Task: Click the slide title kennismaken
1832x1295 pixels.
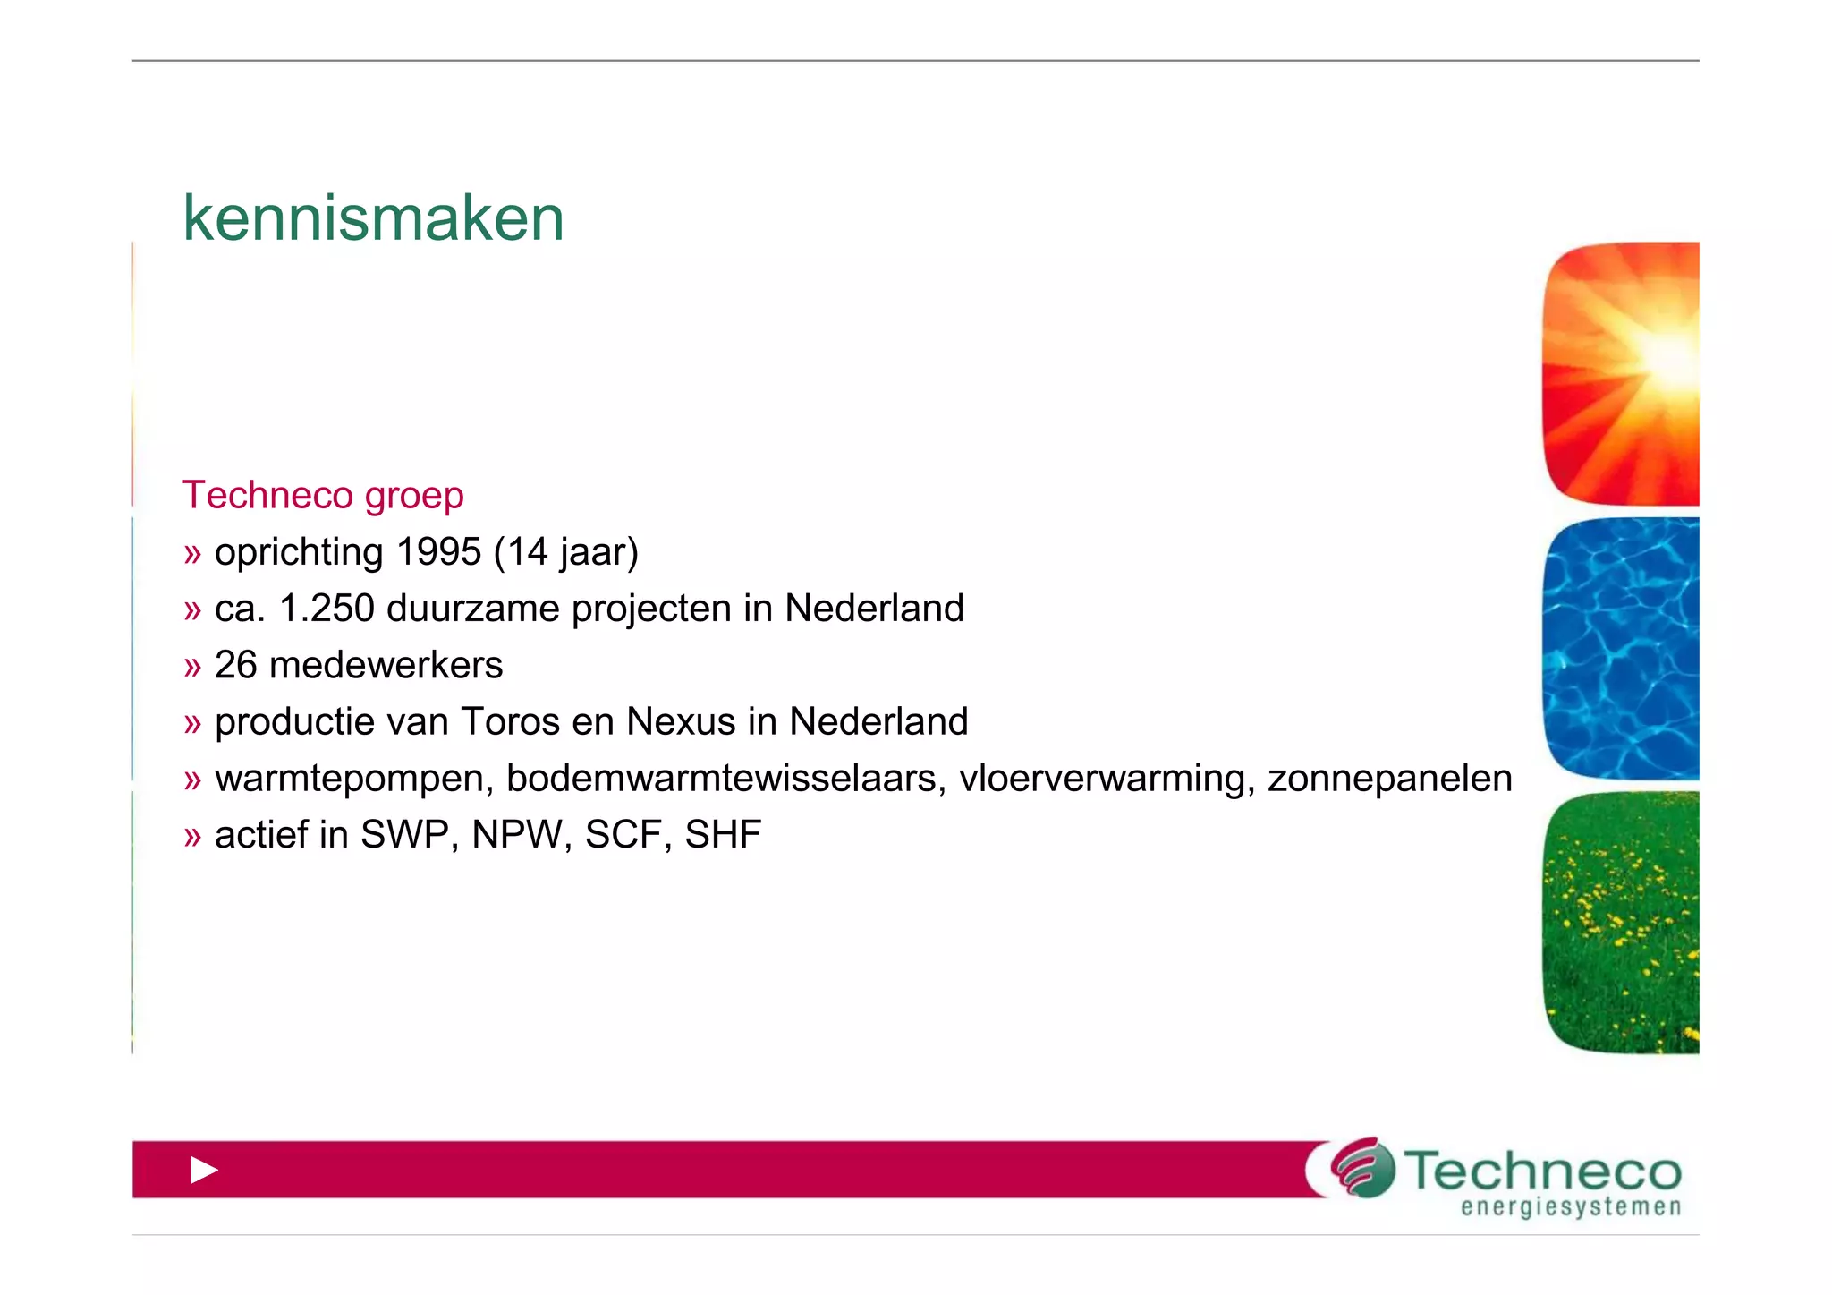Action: (x=373, y=218)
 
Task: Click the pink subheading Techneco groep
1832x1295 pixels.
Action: (x=323, y=495)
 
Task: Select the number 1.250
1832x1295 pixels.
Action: (x=327, y=609)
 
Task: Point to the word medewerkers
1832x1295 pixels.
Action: (x=386, y=665)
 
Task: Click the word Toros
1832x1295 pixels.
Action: (x=510, y=721)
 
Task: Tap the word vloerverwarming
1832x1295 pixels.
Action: (x=1107, y=779)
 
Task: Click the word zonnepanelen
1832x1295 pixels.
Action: (x=1389, y=779)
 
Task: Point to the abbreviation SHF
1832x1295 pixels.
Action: (x=723, y=835)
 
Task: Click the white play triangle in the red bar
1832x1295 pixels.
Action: (x=204, y=1170)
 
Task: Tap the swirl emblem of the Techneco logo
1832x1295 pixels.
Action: (x=1362, y=1167)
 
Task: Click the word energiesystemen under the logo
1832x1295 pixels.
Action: (x=1571, y=1207)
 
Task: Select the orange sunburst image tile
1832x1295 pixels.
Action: (x=1621, y=373)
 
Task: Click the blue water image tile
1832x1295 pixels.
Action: (x=1621, y=648)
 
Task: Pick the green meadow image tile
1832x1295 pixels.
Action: (x=1621, y=922)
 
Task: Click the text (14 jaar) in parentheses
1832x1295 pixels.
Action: (x=565, y=551)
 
